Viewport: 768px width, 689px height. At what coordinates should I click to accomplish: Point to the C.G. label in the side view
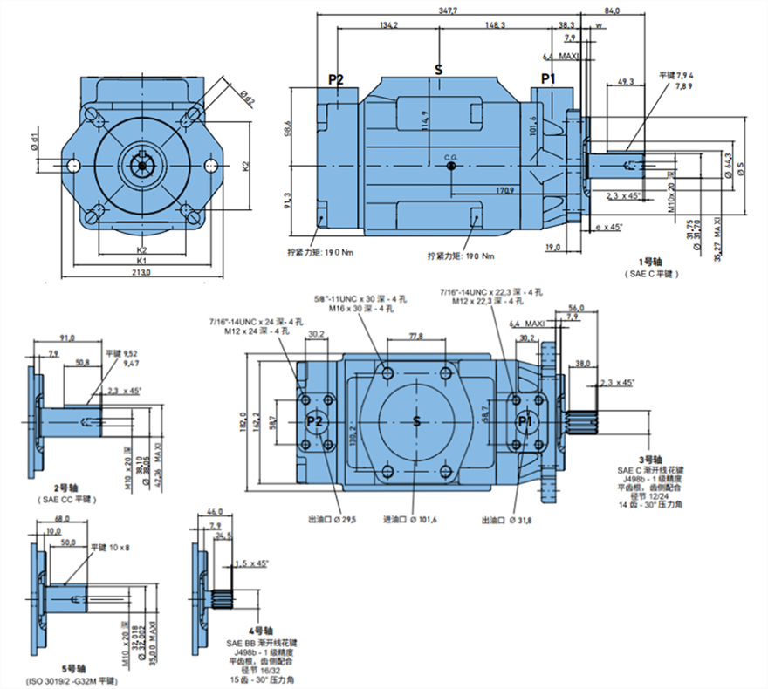pyautogui.click(x=450, y=158)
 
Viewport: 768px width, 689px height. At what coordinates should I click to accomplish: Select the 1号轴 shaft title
pyautogui.click(x=650, y=260)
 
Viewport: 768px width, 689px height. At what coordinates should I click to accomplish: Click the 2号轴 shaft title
pyautogui.click(x=66, y=488)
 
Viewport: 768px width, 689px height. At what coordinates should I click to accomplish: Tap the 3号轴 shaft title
pyautogui.click(x=650, y=459)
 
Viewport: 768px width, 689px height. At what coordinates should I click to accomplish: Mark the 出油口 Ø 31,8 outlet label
pyautogui.click(x=510, y=520)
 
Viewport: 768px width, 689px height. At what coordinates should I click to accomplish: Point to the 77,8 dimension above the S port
pyautogui.click(x=414, y=337)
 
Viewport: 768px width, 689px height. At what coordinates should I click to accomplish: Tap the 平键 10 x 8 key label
pyautogui.click(x=111, y=547)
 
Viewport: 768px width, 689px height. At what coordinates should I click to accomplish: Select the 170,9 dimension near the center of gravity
pyautogui.click(x=504, y=189)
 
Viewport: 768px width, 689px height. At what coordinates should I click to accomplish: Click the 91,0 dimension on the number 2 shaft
pyautogui.click(x=66, y=338)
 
